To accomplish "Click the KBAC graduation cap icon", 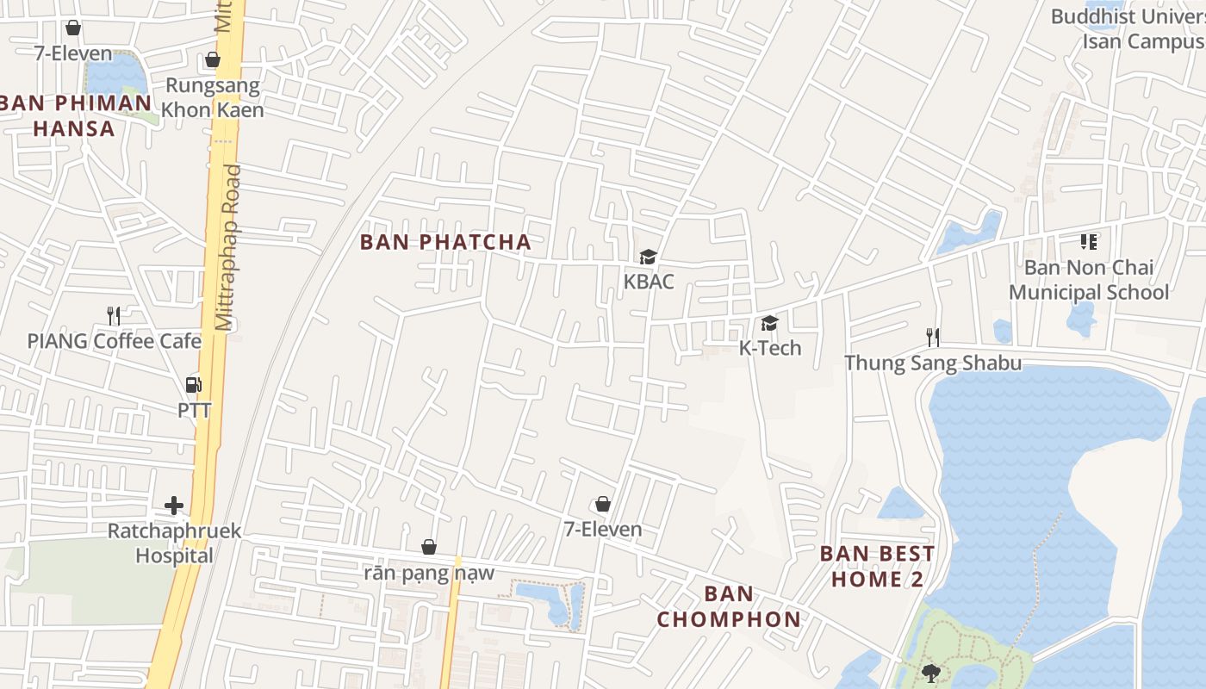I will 648,257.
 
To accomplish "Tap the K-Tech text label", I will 769,348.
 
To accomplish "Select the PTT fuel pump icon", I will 194,385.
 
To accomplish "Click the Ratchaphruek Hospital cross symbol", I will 174,505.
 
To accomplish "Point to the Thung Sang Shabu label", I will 933,363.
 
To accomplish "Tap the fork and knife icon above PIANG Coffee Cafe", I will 113,315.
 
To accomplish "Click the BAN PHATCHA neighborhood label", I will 445,242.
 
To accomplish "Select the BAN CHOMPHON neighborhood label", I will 729,606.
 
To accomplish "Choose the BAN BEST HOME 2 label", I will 877,566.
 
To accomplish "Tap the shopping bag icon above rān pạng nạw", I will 428,546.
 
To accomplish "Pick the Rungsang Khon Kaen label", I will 213,97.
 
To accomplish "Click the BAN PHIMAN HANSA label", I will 75,115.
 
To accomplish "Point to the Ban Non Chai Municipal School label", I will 1089,280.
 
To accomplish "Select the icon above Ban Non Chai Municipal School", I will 1089,242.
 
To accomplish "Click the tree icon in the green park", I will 930,673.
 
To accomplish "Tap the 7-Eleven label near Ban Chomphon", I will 603,529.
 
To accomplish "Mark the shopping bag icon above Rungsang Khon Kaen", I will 212,59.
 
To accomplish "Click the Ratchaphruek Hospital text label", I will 174,543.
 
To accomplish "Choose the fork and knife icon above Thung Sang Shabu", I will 932,336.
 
